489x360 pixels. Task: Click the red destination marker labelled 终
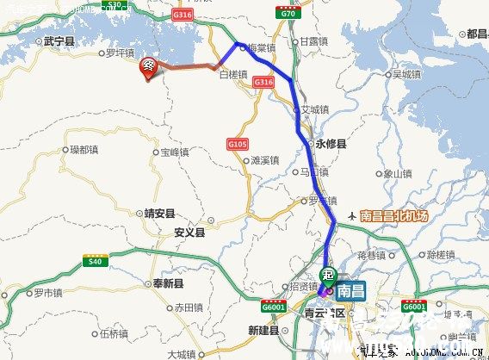click(x=149, y=67)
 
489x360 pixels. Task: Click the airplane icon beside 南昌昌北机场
click(x=351, y=215)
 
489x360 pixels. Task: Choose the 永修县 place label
click(x=331, y=146)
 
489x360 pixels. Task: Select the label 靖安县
click(x=159, y=213)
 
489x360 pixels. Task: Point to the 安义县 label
click(x=189, y=233)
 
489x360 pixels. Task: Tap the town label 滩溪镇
click(x=264, y=159)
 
